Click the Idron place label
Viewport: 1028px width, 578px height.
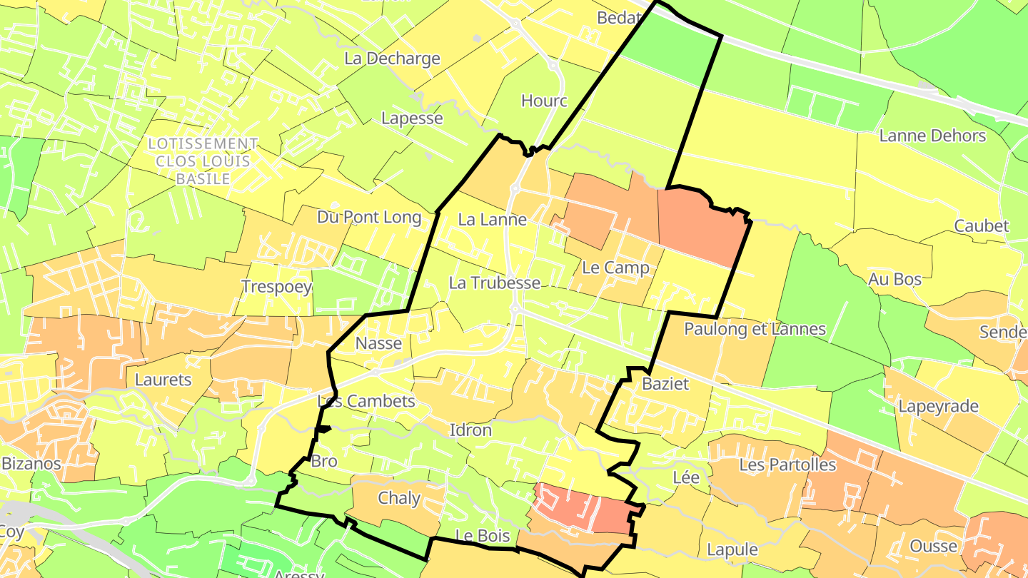click(x=470, y=430)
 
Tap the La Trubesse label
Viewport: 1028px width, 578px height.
click(x=494, y=283)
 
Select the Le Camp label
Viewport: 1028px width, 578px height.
click(x=615, y=268)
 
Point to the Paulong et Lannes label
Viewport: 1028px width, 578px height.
click(x=755, y=329)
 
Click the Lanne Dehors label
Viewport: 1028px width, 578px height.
click(x=932, y=136)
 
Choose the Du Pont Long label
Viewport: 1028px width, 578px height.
click(x=368, y=218)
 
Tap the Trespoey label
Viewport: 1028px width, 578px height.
click(x=276, y=287)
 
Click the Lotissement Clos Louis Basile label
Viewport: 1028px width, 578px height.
click(x=203, y=161)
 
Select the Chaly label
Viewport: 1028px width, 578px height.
click(x=398, y=498)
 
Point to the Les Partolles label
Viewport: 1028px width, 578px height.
click(x=787, y=465)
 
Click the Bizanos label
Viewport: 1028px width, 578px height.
click(x=31, y=463)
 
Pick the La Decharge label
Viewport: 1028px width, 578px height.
click(x=392, y=59)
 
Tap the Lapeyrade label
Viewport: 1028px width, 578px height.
click(x=938, y=407)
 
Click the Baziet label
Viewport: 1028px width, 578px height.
click(x=665, y=384)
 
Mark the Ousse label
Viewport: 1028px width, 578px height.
click(x=933, y=547)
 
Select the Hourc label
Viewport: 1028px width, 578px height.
click(x=544, y=101)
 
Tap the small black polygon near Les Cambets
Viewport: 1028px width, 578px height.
click(x=323, y=429)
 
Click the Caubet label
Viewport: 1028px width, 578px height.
click(x=982, y=226)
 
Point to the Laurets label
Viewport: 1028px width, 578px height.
click(x=163, y=380)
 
